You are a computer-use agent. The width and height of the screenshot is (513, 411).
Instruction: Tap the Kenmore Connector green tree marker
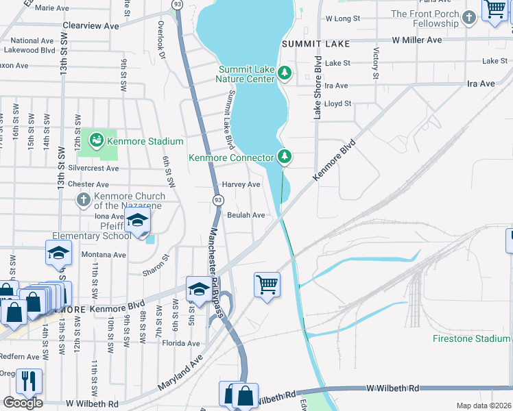click(x=285, y=157)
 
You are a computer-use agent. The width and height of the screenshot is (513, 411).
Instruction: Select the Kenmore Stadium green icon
click(x=96, y=141)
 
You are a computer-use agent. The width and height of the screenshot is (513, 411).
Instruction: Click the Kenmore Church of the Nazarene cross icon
click(x=82, y=200)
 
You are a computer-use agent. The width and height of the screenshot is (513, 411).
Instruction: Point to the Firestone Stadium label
click(x=472, y=338)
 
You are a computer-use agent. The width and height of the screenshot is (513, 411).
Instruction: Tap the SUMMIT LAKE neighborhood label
click(x=316, y=44)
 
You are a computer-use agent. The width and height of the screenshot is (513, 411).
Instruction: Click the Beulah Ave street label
click(x=246, y=215)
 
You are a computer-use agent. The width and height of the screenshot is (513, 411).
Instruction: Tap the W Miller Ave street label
click(x=417, y=40)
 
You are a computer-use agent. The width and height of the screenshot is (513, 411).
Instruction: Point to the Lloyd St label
click(x=338, y=104)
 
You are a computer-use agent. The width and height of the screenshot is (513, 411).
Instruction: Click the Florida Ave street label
click(x=181, y=343)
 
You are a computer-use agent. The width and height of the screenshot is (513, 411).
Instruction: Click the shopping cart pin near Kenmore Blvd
click(x=266, y=283)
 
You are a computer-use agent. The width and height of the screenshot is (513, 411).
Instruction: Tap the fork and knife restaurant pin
click(x=29, y=381)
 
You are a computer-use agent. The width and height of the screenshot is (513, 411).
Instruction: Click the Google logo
click(x=23, y=403)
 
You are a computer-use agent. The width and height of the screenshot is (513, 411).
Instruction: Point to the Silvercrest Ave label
click(x=93, y=168)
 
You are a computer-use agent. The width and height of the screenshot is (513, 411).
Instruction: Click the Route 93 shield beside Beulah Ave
click(x=217, y=199)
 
